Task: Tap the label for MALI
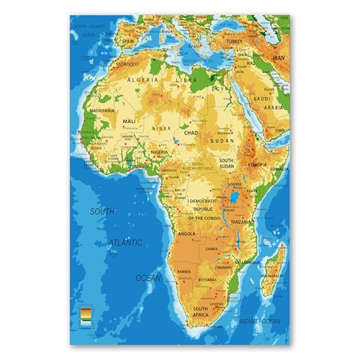pyautogui.click(x=130, y=122)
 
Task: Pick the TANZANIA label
pyautogui.click(x=241, y=222)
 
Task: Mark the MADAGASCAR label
pyautogui.click(x=271, y=275)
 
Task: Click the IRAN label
pyautogui.click(x=279, y=56)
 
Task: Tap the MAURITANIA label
pyautogui.click(x=99, y=111)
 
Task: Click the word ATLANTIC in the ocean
pyautogui.click(x=126, y=243)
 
